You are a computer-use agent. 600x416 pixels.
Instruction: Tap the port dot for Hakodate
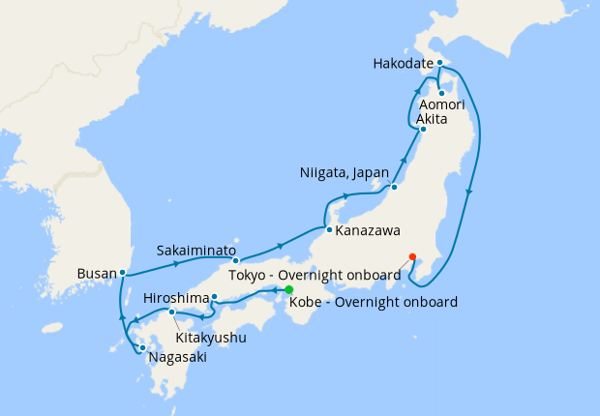click(x=439, y=64)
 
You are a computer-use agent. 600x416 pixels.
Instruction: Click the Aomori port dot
click(x=442, y=94)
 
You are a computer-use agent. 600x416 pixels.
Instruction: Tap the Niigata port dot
click(x=394, y=187)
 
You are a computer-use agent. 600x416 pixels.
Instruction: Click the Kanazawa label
click(x=368, y=231)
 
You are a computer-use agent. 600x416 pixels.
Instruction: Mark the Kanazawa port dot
click(x=329, y=230)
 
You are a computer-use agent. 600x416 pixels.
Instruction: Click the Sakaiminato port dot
click(x=235, y=261)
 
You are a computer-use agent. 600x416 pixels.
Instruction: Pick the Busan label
click(x=97, y=274)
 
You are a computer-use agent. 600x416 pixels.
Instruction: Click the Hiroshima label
click(x=174, y=298)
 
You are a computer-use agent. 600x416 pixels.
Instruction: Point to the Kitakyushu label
click(x=211, y=339)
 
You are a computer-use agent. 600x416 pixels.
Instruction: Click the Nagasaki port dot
click(x=142, y=349)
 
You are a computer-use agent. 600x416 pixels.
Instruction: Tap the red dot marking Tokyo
click(x=413, y=256)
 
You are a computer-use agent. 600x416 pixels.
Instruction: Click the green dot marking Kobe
click(x=289, y=289)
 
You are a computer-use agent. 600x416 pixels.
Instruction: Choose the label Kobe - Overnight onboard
click(x=374, y=303)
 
